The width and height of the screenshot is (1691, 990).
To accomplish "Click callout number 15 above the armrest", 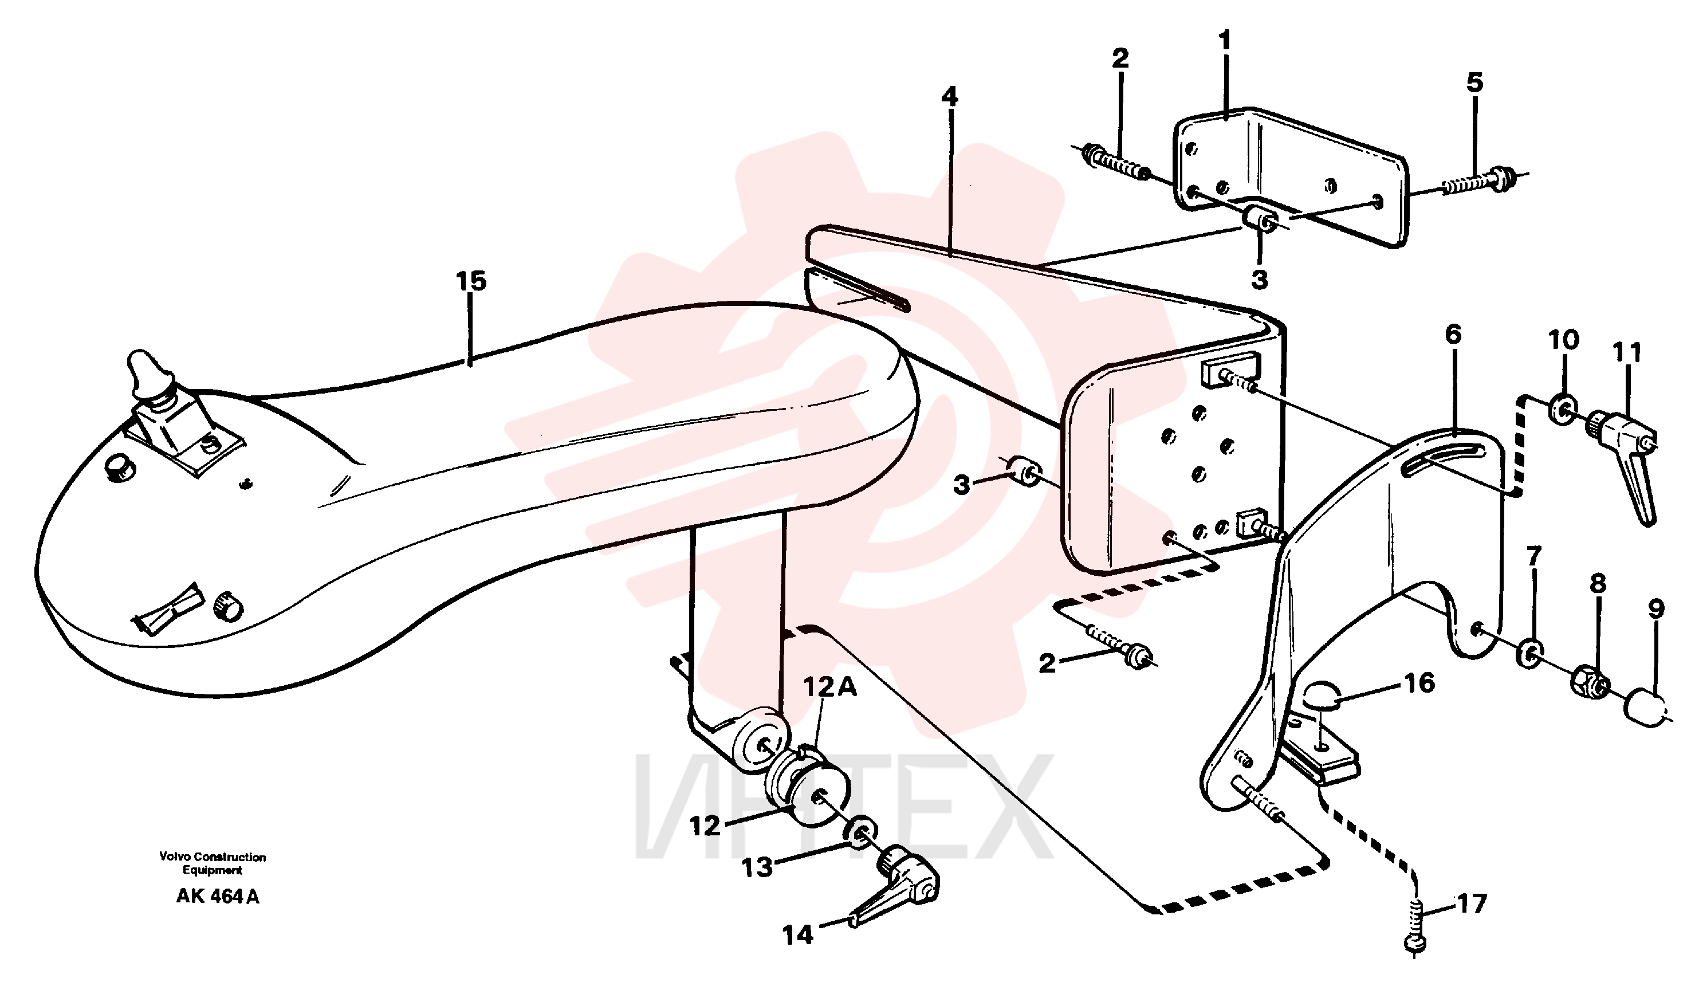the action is [471, 281].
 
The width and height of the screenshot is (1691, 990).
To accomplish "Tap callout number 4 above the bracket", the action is [950, 97].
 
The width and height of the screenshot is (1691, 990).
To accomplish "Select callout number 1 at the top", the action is [1225, 41].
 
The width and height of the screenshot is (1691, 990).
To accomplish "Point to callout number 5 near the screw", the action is [1474, 83].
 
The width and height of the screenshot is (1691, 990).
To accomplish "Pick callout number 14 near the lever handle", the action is [798, 934].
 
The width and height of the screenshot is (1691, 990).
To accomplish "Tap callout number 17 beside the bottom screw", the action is [1471, 904].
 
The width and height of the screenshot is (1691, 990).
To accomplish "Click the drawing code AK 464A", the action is [218, 897].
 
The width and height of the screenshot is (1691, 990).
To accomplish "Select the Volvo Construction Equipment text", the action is [212, 863].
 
